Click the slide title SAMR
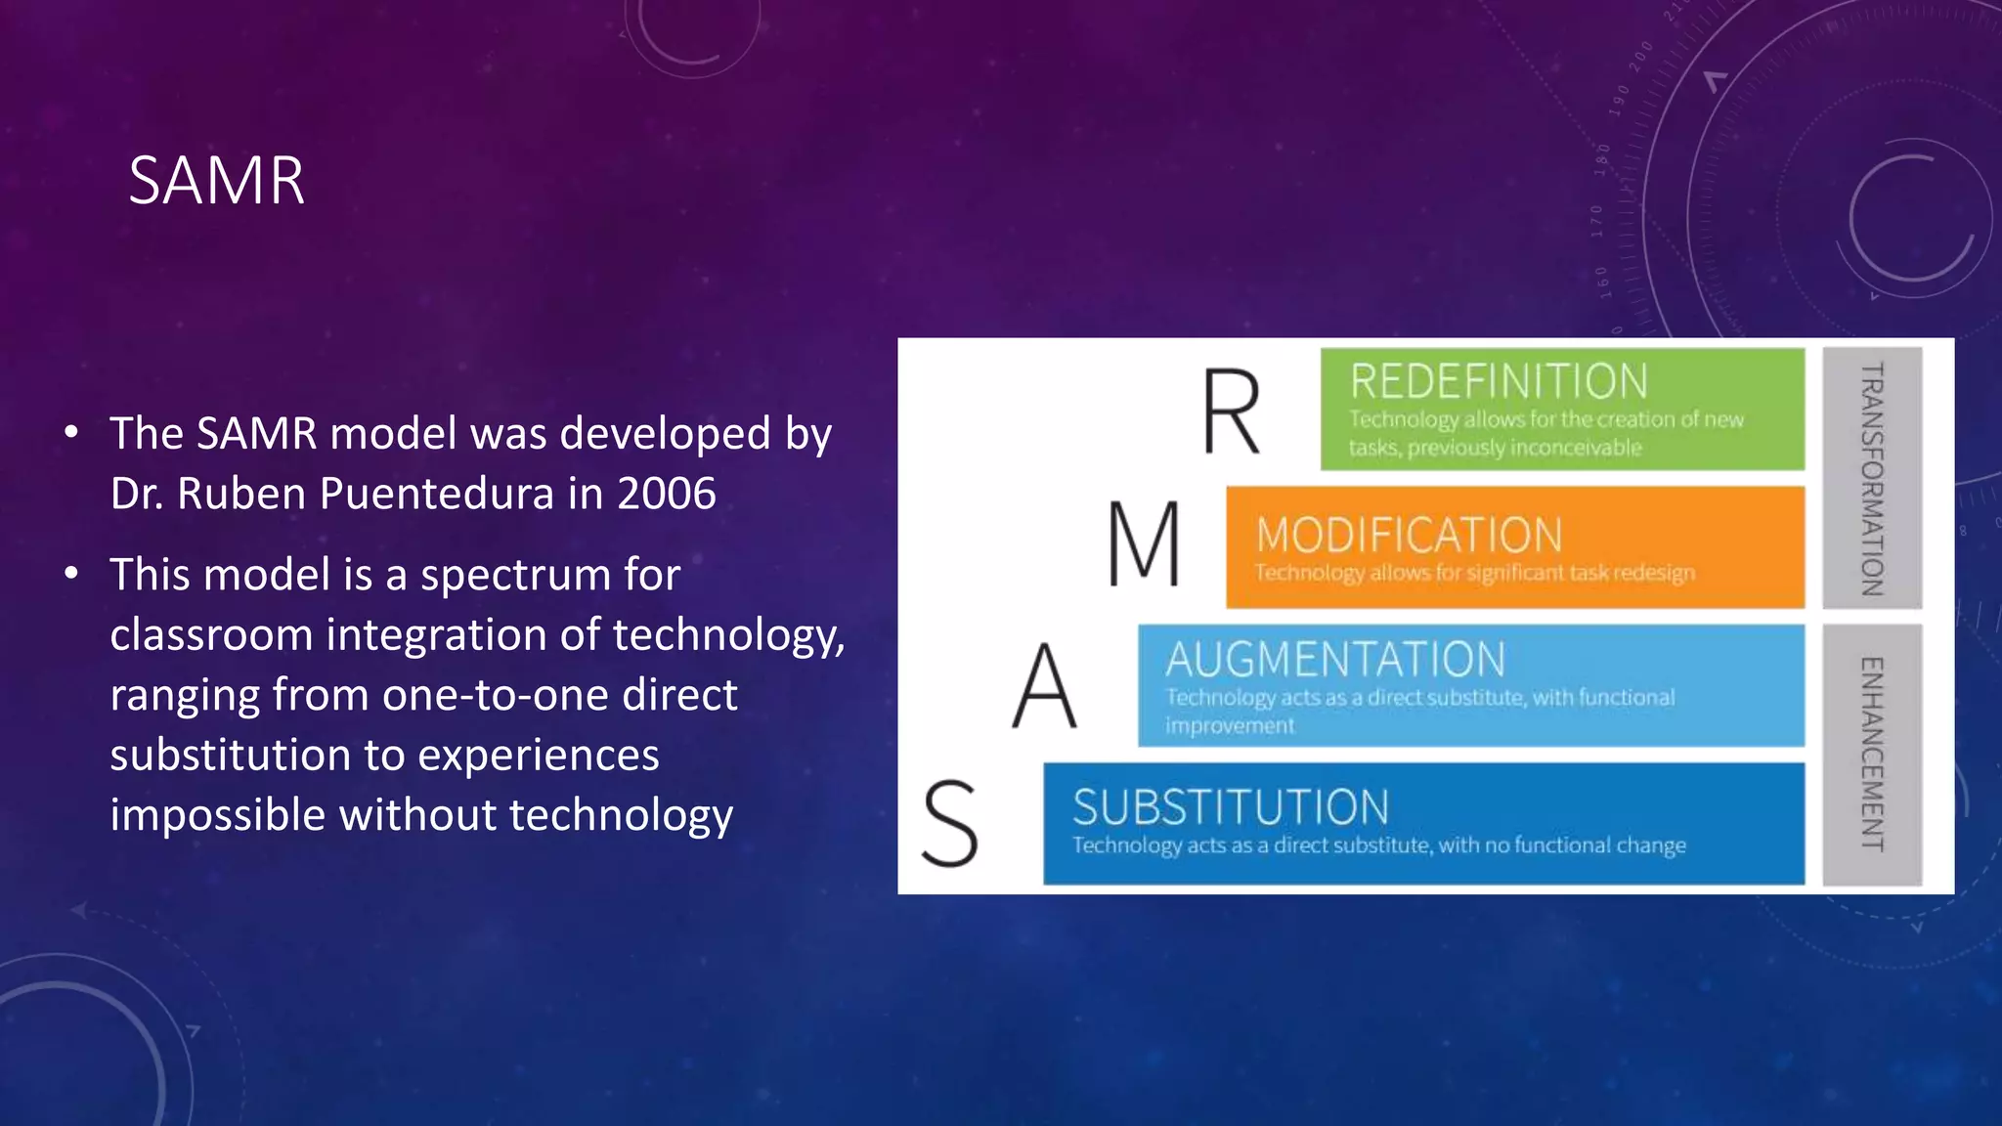(216, 181)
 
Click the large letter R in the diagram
(1231, 411)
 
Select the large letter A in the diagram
(1044, 686)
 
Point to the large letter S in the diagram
(950, 824)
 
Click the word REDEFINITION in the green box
(1499, 381)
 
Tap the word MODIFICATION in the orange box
(1409, 536)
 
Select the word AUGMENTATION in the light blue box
(1335, 660)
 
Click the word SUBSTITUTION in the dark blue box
(1231, 807)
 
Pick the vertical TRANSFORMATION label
(1871, 479)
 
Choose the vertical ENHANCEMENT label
(1871, 754)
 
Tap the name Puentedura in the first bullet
(437, 494)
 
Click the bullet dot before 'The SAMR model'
(71, 433)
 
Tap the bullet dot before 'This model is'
(71, 574)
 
